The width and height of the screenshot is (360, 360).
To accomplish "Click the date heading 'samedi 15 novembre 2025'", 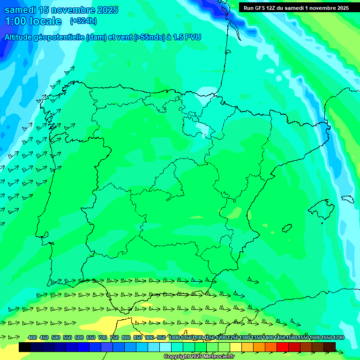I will (61, 10).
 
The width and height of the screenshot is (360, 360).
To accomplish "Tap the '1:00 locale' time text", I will (33, 21).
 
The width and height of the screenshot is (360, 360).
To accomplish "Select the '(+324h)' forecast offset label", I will (83, 21).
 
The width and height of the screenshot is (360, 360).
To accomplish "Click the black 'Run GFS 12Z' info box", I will (296, 7).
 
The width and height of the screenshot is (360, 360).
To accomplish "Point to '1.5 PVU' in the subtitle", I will (187, 37).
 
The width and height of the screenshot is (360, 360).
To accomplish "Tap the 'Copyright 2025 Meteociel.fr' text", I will (199, 357).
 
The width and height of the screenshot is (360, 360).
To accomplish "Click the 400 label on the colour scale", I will (32, 337).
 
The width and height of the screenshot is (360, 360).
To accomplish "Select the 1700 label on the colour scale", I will (337, 337).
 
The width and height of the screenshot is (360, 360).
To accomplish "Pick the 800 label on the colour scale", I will (126, 337).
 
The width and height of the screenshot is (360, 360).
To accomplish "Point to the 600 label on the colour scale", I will (79, 337).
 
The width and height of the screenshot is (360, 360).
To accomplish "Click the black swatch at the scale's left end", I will (25, 347).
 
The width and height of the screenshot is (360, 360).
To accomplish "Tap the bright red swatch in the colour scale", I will (283, 347).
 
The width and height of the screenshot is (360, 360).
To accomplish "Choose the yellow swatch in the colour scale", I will (236, 347).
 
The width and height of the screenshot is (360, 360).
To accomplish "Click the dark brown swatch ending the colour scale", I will (330, 347).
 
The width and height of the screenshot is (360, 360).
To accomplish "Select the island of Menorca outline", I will (347, 198).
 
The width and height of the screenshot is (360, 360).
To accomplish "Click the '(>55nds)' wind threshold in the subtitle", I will (147, 37).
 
